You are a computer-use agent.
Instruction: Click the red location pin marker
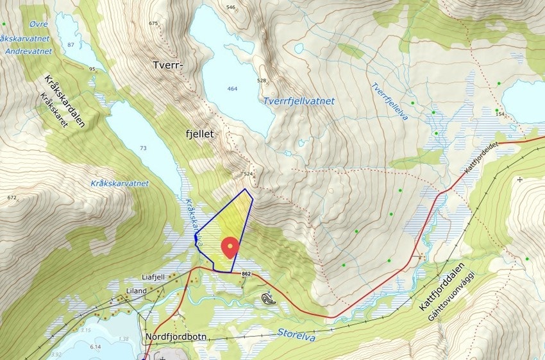230,247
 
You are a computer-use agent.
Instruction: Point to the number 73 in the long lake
143,149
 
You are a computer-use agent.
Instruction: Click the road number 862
247,274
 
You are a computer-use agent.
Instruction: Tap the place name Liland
137,291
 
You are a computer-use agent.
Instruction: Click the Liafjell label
154,277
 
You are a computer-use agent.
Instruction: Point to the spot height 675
153,23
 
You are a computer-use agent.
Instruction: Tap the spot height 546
231,7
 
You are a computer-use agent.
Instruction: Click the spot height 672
12,198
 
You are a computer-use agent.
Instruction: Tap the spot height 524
249,174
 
